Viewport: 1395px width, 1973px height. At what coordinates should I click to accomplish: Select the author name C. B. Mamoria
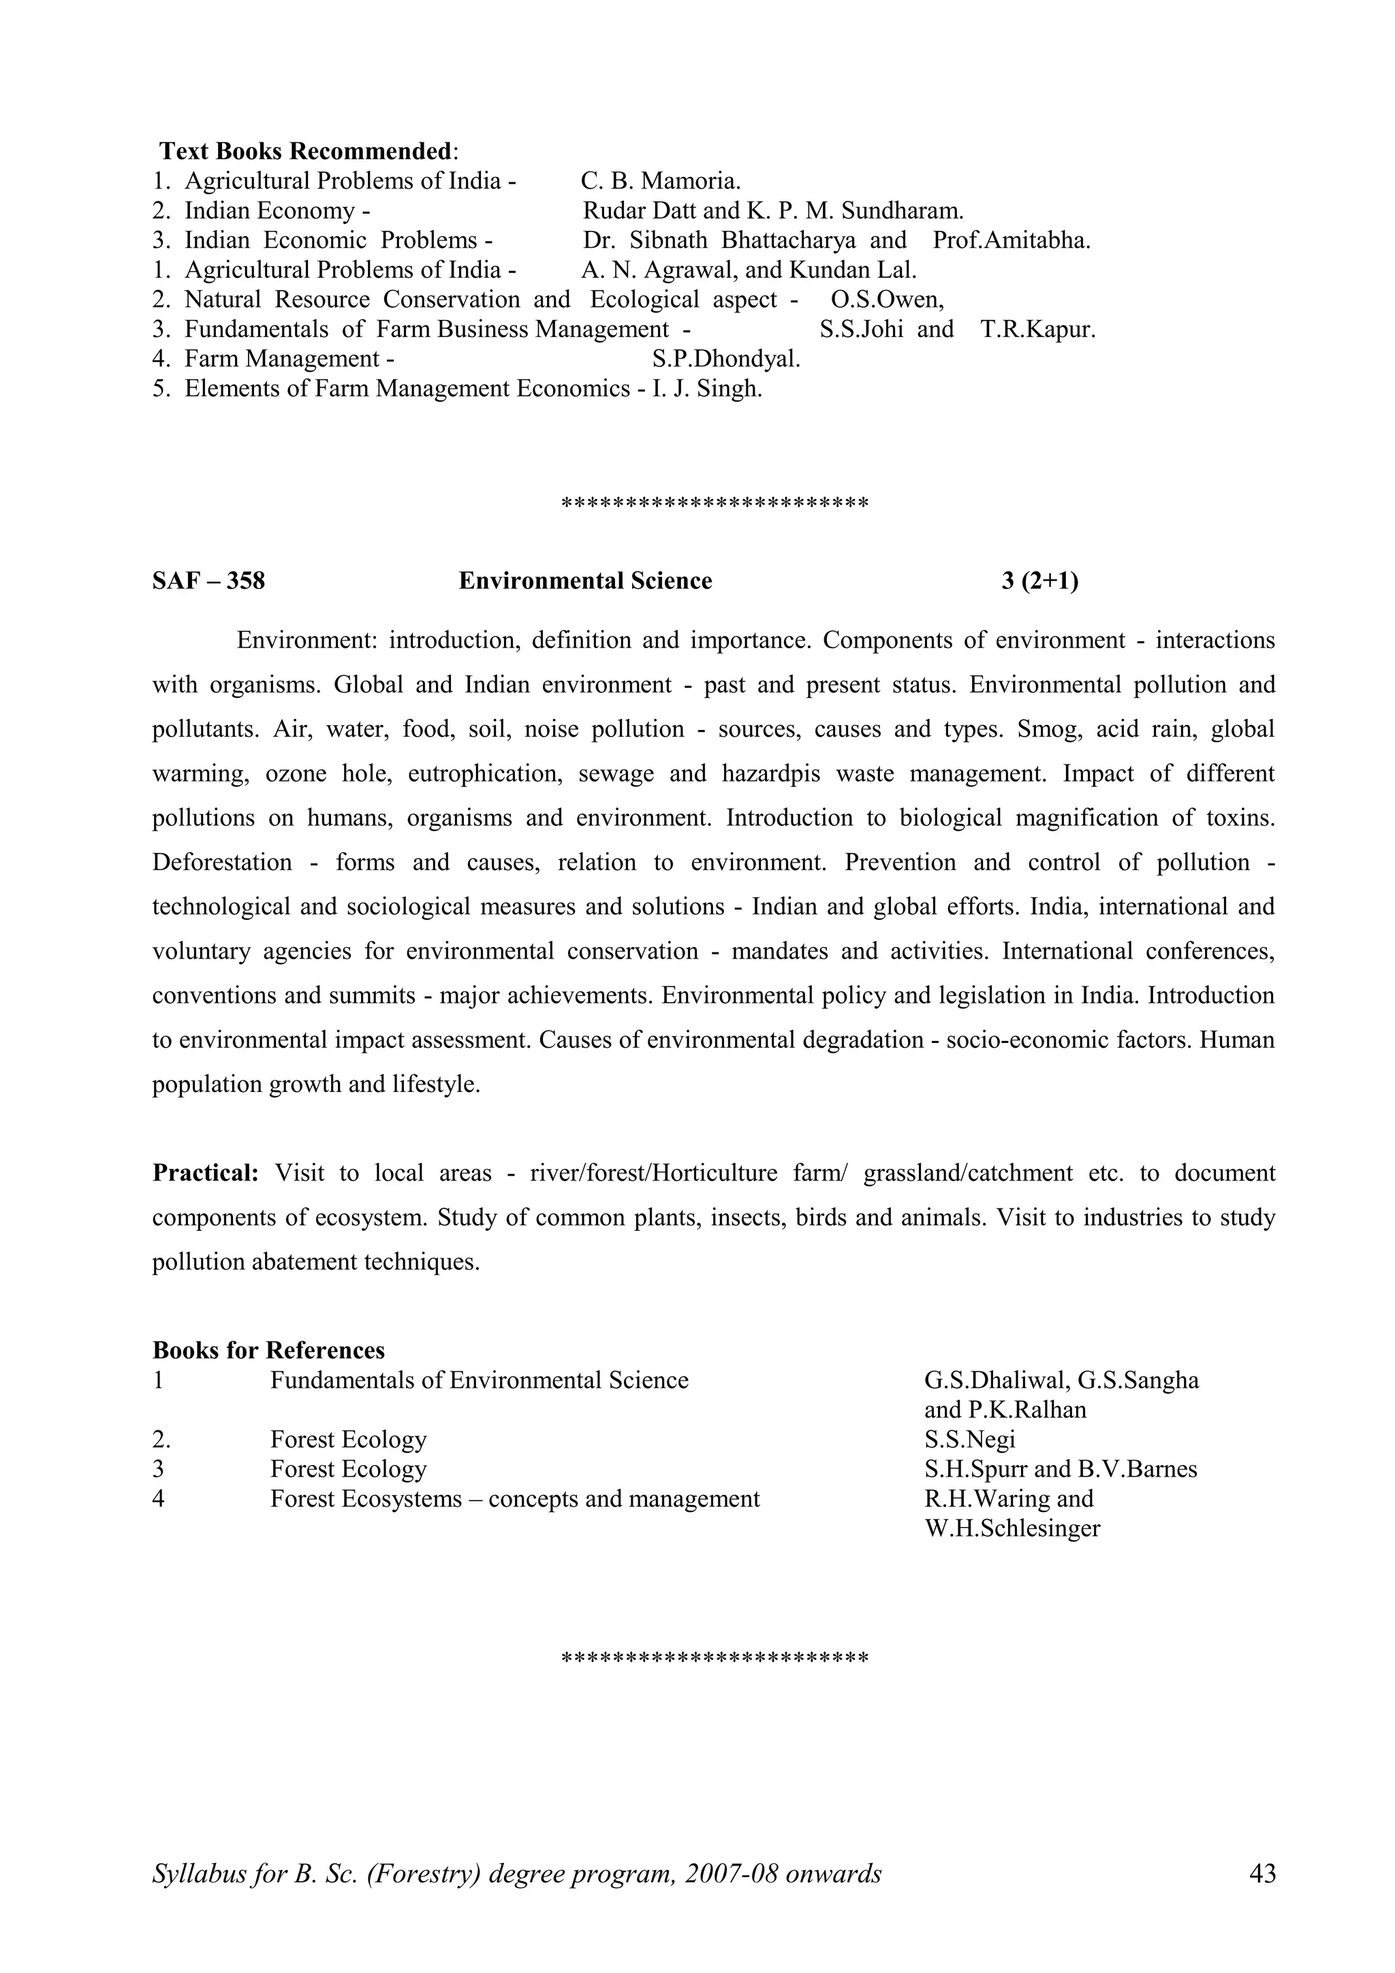point(660,181)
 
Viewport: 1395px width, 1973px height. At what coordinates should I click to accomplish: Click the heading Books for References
point(268,1350)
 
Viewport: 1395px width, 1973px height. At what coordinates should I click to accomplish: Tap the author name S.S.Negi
point(969,1439)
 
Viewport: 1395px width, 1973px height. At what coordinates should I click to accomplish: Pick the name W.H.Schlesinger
point(1012,1528)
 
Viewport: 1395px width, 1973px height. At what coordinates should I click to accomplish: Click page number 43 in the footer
point(1261,1874)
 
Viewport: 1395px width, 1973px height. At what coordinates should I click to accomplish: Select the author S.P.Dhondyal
point(726,359)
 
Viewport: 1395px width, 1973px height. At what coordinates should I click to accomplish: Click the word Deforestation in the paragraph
point(222,862)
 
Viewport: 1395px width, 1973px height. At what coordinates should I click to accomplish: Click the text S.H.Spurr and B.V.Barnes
point(1061,1469)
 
